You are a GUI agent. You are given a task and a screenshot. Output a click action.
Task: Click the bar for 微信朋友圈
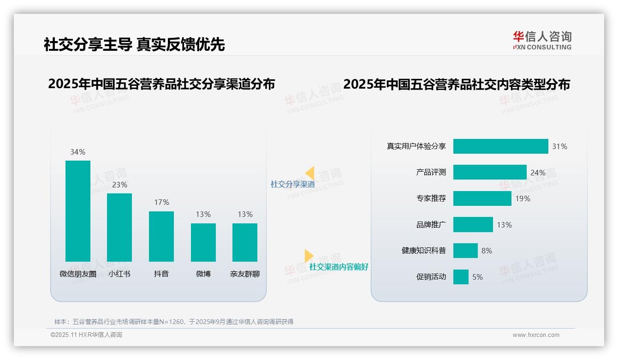point(78,211)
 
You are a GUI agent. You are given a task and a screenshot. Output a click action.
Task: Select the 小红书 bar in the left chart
point(119,227)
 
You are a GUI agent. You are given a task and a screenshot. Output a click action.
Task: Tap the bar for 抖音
point(161,236)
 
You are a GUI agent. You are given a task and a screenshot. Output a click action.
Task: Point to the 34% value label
point(77,152)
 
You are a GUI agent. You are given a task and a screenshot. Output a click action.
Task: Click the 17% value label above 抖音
point(161,202)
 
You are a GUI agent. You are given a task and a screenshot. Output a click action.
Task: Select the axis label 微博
point(203,274)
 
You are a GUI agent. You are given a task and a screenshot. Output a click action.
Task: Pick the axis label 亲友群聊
point(245,274)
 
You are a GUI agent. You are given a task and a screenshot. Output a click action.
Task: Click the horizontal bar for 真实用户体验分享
point(500,146)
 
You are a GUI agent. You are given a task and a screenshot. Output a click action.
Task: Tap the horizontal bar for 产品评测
point(490,172)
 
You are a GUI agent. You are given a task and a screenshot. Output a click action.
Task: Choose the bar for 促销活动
point(461,277)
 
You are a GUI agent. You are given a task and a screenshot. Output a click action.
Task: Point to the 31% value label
point(559,146)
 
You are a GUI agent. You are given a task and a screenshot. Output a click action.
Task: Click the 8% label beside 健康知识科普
point(487,251)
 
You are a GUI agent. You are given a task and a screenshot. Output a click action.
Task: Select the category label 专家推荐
point(431,198)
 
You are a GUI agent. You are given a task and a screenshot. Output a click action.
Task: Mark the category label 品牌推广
point(431,225)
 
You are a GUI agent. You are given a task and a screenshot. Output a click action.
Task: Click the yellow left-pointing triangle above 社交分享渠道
point(310,173)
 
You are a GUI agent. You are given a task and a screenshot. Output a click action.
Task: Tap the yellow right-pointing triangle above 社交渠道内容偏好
point(309,256)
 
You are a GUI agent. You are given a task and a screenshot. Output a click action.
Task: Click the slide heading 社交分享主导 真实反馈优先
point(134,44)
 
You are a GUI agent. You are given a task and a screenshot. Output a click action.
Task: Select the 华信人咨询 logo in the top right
point(542,40)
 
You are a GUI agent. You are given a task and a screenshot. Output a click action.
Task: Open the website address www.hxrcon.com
point(536,335)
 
